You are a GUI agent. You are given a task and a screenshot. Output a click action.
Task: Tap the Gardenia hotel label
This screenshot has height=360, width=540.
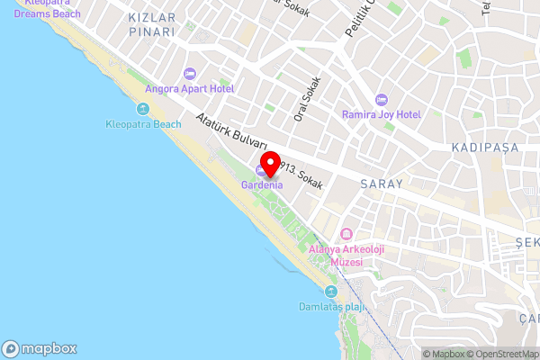(x=262, y=185)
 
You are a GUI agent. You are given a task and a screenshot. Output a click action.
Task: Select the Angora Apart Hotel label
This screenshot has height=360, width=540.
(x=189, y=89)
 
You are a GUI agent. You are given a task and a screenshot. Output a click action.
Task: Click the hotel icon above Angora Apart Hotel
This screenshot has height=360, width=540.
(x=189, y=73)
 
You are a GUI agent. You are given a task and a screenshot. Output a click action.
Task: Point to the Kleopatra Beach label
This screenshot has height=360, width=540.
(x=143, y=124)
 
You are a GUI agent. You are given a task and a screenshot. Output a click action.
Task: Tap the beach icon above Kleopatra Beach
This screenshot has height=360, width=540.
(x=143, y=109)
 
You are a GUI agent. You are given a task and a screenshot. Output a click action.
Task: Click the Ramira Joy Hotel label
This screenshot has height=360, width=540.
(x=381, y=114)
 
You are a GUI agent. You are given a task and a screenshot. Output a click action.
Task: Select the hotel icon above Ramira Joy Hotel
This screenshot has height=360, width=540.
(x=381, y=98)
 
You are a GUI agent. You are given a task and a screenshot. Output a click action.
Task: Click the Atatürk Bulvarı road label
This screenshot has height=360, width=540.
(x=231, y=131)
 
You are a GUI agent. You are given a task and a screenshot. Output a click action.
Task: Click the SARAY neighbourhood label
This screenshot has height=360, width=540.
(x=380, y=183)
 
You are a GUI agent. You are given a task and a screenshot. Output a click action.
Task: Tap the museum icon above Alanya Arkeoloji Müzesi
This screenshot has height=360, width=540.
(x=335, y=234)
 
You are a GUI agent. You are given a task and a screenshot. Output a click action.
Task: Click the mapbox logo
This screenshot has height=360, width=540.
(x=40, y=348)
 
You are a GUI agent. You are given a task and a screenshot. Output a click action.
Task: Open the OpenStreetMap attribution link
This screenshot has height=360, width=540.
(x=501, y=354)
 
